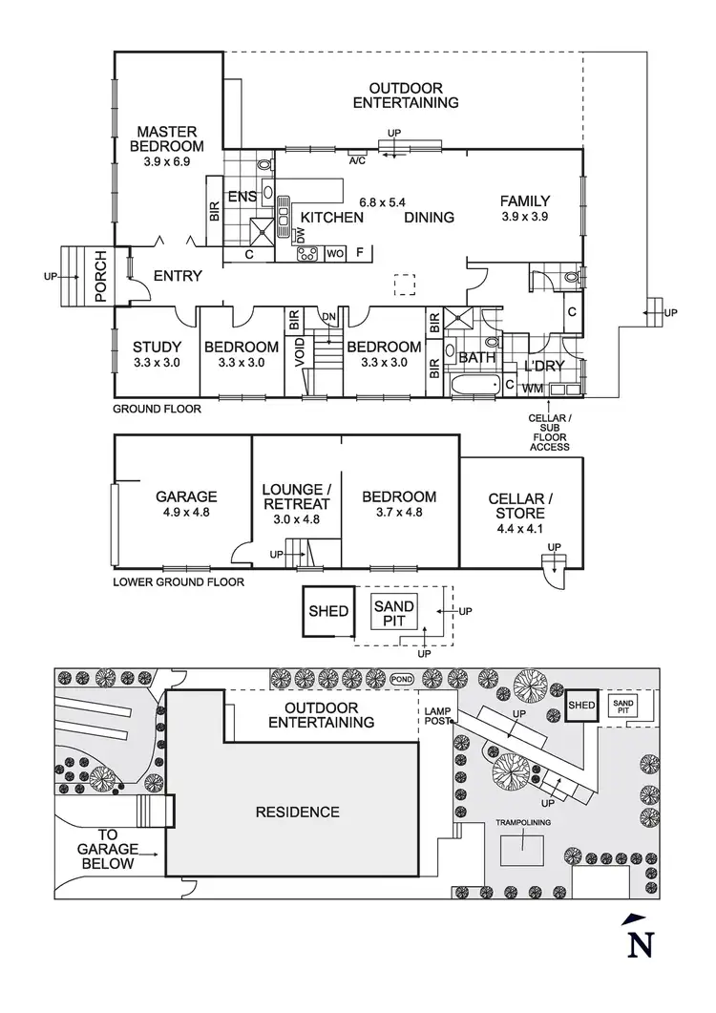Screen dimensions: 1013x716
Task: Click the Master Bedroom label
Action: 166,138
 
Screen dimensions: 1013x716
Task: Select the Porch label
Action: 100,276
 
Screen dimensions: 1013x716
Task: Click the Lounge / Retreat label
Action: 296,496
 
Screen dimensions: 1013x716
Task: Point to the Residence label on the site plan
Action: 297,813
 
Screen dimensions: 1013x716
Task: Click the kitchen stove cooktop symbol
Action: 308,254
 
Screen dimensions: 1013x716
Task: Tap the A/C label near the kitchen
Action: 358,160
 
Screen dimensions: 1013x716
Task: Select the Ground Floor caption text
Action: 158,409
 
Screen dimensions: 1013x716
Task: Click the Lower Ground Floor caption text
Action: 178,581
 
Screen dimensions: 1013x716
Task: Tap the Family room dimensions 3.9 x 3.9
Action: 525,217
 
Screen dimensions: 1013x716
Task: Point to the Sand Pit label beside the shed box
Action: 393,613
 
